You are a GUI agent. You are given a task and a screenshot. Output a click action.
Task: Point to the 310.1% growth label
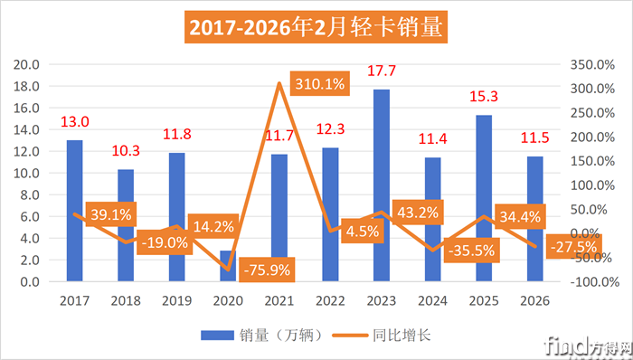tap(317, 84)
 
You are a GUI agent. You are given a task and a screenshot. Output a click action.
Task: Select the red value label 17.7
tap(381, 71)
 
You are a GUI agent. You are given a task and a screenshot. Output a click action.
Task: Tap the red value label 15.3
tap(484, 97)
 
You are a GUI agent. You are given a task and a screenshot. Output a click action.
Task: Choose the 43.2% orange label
tap(418, 213)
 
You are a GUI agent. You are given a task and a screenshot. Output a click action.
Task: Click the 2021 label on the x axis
tap(279, 299)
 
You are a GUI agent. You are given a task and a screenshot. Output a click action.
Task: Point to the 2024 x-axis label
tap(432, 299)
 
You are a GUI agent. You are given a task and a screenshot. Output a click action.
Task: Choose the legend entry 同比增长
tap(390, 336)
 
